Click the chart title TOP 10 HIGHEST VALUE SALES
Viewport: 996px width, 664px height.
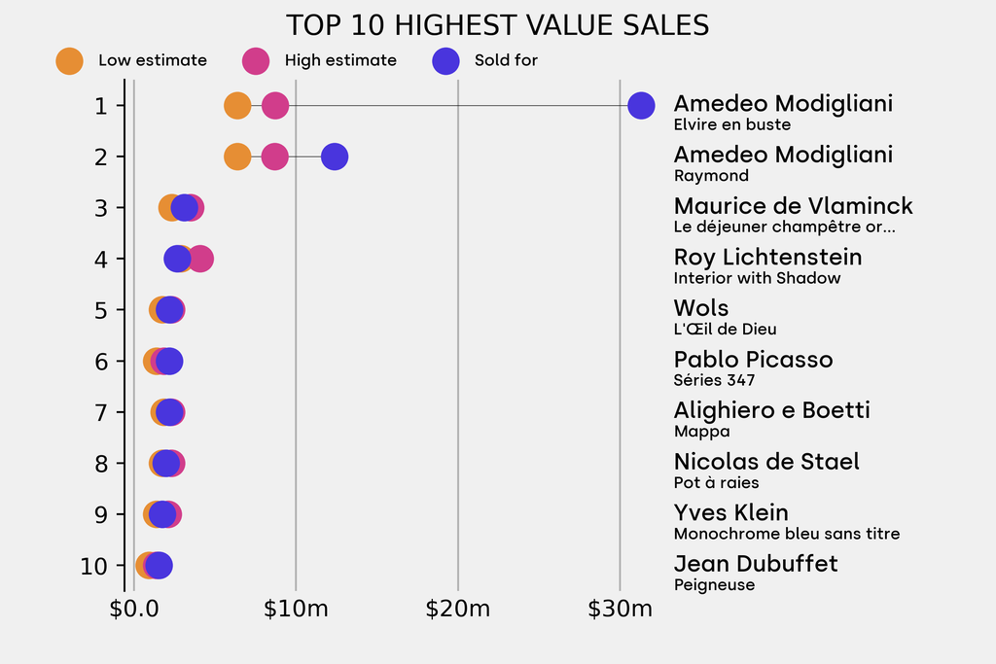[497, 25]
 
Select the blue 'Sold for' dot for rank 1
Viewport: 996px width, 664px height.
[641, 105]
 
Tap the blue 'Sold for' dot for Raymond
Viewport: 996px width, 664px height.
[335, 157]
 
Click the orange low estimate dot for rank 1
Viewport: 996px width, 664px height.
[237, 105]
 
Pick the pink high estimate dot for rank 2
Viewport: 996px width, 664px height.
[275, 157]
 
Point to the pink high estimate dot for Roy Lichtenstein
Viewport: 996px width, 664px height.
[201, 259]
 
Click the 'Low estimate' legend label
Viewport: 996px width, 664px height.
[153, 60]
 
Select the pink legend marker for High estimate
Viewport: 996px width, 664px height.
[255, 60]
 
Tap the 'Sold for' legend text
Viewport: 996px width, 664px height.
[506, 60]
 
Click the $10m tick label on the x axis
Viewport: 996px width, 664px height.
[296, 610]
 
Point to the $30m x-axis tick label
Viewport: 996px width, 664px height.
[620, 610]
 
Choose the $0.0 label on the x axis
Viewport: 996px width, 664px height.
[134, 610]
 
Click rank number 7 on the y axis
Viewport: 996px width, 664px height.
[101, 412]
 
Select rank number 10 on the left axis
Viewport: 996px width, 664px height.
[94, 566]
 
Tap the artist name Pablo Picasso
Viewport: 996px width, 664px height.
[753, 360]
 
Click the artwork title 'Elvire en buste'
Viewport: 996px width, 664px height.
[731, 124]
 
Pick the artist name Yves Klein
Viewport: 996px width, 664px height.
[730, 513]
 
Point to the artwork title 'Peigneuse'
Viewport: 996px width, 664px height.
[714, 585]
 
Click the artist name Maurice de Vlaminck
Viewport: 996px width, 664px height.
[793, 206]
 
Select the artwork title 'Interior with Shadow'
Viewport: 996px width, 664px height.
[757, 278]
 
